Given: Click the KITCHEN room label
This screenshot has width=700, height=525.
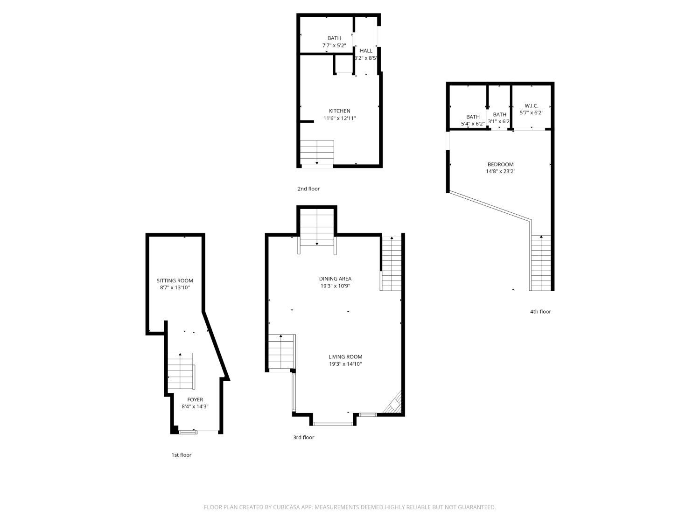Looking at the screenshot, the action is (339, 111).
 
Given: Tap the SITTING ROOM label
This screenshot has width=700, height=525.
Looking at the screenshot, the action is (175, 280).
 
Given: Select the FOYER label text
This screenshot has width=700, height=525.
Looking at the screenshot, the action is (195, 399).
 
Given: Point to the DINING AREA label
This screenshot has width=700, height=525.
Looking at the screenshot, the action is (335, 279).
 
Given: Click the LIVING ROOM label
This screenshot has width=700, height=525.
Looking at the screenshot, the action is (345, 357).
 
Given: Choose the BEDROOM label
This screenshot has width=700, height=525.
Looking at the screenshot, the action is (500, 164).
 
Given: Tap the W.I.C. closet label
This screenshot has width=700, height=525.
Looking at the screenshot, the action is (531, 106).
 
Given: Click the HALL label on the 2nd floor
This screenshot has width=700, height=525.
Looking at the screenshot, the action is (366, 51).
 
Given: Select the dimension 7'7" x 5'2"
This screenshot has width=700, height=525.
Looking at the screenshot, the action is (334, 45).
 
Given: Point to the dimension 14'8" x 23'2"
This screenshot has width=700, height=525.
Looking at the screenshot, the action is (500, 171).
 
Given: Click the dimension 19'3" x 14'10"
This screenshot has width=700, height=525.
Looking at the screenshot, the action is (345, 364).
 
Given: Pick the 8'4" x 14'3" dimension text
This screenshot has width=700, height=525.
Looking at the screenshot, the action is (195, 406).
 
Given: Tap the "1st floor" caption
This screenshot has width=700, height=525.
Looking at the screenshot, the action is (182, 455).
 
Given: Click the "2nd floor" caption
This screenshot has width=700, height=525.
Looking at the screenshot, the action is (308, 189).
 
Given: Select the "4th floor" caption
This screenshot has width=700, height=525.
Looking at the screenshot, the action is (540, 311).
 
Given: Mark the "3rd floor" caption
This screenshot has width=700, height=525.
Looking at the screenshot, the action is (304, 437).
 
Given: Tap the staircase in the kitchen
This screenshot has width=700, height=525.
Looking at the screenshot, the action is (317, 153).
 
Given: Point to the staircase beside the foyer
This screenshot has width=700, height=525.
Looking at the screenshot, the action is (181, 371).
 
